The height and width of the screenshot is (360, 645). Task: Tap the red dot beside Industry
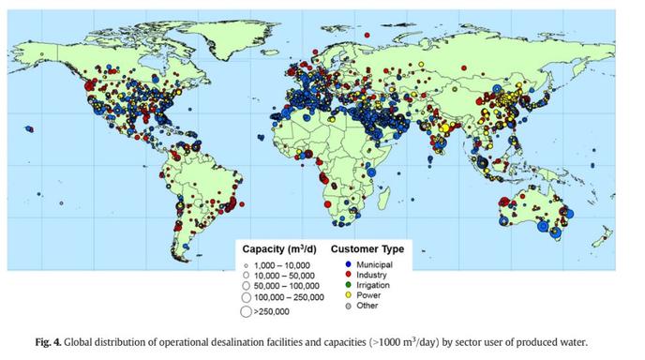[x=337, y=274]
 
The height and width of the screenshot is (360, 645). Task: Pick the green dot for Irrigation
[x=337, y=284]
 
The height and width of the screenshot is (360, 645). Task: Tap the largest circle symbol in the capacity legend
[x=247, y=310]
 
